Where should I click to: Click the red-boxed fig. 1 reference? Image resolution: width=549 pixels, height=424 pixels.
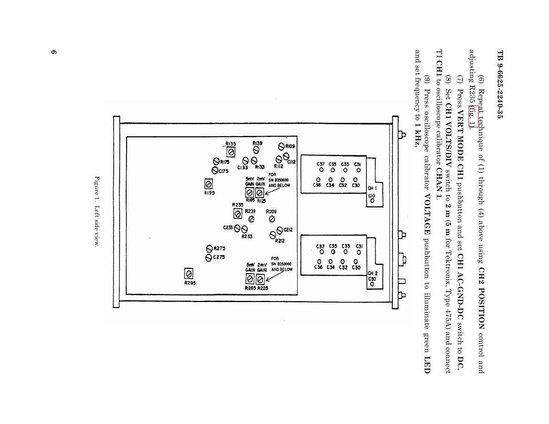[470, 116]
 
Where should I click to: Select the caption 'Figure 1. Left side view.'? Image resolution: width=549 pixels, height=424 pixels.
[97, 211]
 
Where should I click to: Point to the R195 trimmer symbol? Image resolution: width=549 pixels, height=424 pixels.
[208, 184]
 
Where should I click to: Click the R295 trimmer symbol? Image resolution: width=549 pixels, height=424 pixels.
[189, 273]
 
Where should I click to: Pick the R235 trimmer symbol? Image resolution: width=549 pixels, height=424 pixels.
[238, 213]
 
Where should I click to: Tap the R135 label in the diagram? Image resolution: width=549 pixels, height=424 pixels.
[231, 144]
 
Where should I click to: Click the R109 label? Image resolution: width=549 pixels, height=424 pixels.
[290, 146]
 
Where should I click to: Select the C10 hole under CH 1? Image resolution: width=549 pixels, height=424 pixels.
[372, 201]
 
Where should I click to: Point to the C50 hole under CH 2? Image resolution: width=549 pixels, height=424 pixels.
[372, 284]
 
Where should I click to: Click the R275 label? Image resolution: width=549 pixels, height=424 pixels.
[219, 248]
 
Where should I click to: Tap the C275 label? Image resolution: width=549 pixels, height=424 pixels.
[219, 257]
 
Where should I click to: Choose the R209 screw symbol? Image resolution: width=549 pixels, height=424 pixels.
[272, 219]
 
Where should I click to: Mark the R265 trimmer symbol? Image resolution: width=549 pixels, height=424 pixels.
[250, 279]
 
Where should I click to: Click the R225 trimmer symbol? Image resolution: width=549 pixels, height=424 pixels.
[260, 279]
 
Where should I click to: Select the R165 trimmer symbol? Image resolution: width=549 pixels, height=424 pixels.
[250, 192]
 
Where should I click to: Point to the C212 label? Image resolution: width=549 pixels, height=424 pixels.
[288, 230]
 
